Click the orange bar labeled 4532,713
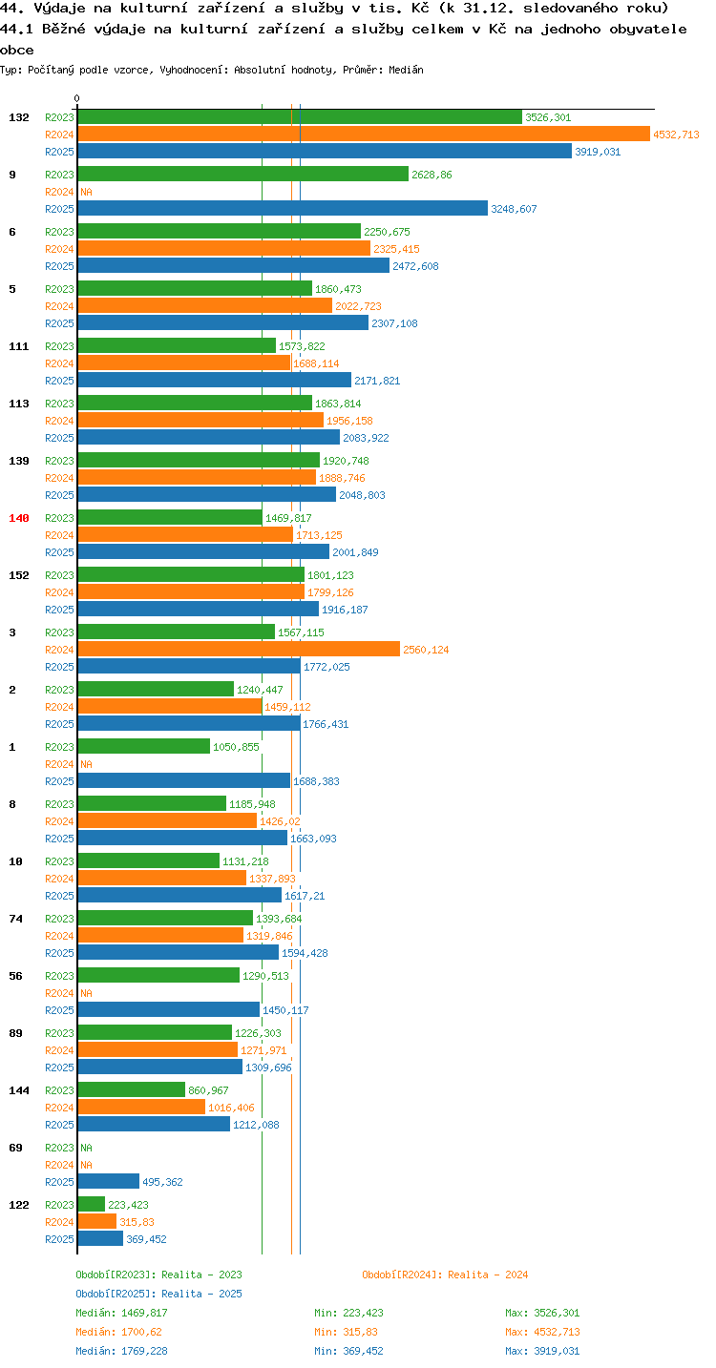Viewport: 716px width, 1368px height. tap(364, 135)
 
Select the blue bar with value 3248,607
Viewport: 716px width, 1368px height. tap(283, 209)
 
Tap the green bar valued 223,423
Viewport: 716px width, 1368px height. tap(92, 1205)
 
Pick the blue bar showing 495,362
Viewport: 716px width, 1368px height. tap(109, 1182)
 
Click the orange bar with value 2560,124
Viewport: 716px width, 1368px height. tap(239, 650)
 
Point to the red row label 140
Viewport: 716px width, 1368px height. tap(19, 518)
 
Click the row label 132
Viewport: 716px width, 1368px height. tap(19, 117)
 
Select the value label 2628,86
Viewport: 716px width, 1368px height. tap(432, 175)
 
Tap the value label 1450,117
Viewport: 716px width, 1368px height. tap(285, 1010)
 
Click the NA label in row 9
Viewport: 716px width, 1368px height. tap(86, 192)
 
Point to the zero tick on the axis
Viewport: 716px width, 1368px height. tap(77, 98)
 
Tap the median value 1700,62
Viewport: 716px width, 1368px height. tap(141, 1332)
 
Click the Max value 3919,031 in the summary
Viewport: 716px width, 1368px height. tap(557, 1350)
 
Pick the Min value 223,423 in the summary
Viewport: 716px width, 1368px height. tap(363, 1313)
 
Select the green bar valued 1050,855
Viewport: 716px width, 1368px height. tap(144, 747)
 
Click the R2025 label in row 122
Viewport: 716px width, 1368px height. tap(59, 1239)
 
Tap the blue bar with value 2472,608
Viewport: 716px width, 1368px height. tap(234, 266)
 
